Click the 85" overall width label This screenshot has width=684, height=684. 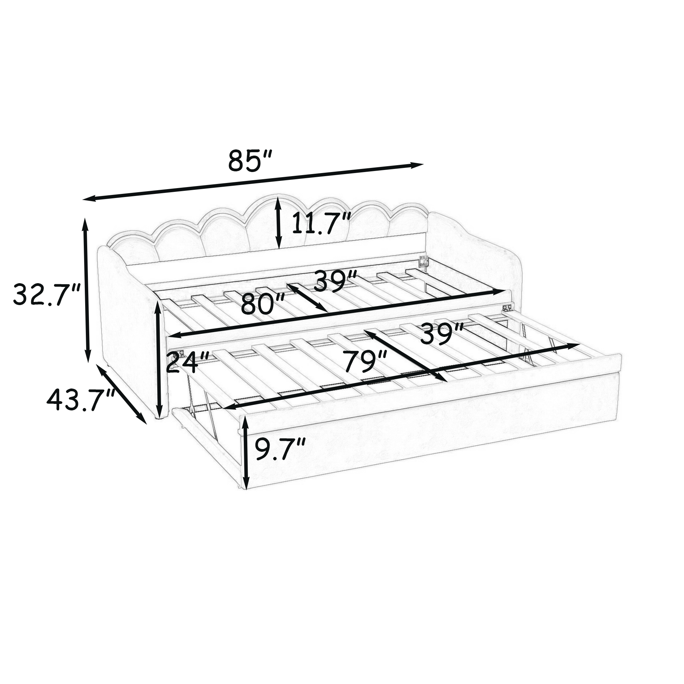[x=250, y=160]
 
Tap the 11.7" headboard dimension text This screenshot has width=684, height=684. [x=321, y=223]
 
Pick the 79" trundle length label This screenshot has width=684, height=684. [x=365, y=361]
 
